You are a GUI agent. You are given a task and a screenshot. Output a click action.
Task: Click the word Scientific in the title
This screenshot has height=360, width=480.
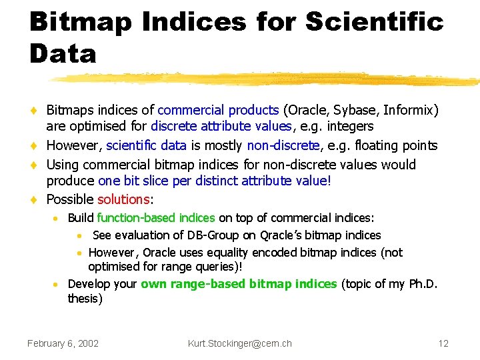click(x=375, y=21)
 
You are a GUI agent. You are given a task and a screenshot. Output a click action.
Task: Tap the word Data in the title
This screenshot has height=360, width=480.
click(x=63, y=53)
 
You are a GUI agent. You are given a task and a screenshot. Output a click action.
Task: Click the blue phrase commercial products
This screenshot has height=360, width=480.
click(x=218, y=109)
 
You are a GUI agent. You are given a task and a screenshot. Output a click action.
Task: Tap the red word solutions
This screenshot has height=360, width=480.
click(x=123, y=199)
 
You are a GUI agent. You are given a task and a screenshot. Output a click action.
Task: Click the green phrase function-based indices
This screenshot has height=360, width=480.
click(x=155, y=217)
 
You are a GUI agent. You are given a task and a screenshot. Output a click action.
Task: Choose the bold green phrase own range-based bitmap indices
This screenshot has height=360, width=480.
click(x=239, y=284)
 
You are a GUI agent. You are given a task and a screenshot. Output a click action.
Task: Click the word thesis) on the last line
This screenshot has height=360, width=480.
click(x=85, y=299)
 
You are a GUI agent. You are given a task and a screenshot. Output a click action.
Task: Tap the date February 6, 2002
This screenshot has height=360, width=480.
click(x=63, y=343)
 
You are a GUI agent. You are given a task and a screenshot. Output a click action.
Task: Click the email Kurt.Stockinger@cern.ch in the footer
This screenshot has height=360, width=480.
click(x=239, y=343)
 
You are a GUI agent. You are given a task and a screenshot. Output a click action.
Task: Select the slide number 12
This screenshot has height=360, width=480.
click(x=443, y=343)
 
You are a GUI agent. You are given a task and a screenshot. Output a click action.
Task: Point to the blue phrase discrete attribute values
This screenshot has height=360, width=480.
click(x=221, y=126)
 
